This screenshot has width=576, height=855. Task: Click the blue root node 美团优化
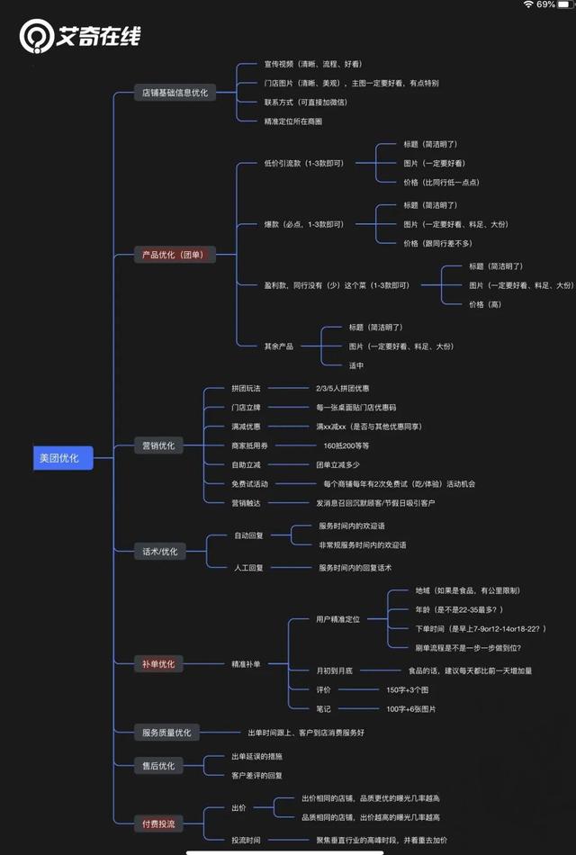(58, 458)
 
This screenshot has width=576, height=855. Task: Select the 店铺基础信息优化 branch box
(175, 93)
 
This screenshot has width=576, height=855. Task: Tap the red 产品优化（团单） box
(174, 255)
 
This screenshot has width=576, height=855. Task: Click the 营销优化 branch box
(158, 445)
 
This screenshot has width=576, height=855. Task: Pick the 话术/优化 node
(158, 551)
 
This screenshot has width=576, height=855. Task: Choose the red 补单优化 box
(158, 663)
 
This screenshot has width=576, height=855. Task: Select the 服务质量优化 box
(166, 733)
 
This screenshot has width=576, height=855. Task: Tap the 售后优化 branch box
(158, 765)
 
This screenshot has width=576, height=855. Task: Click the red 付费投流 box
(158, 823)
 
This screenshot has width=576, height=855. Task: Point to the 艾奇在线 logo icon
(37, 36)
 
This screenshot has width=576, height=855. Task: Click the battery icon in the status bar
(567, 4)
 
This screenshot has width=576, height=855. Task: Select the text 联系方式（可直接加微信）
(306, 102)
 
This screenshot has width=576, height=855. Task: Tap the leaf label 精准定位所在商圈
(292, 121)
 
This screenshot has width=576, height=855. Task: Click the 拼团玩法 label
(246, 388)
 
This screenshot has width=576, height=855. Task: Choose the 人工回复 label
(248, 567)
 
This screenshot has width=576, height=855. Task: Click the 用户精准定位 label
(337, 619)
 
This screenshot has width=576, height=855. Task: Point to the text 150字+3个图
(408, 689)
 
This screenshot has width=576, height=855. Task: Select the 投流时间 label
(246, 840)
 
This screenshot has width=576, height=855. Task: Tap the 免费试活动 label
(249, 483)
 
